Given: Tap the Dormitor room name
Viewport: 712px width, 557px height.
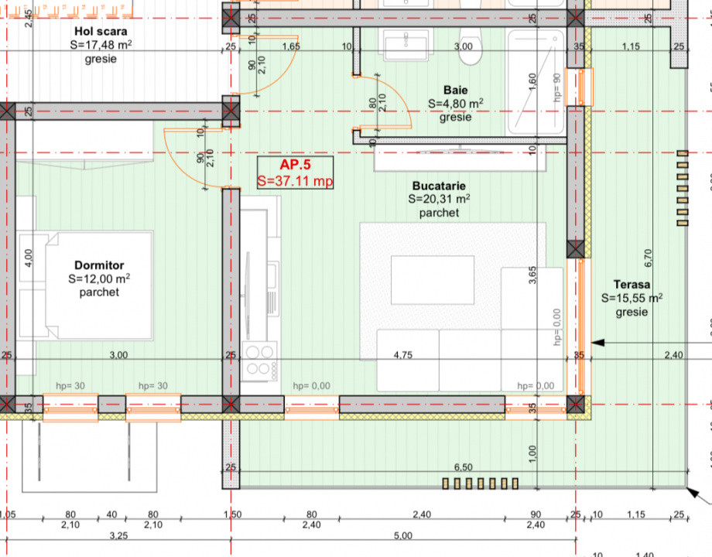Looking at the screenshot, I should (x=99, y=265).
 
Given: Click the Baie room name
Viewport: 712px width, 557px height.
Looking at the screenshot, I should (x=456, y=90).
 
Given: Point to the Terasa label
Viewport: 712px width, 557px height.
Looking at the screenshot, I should (x=632, y=284).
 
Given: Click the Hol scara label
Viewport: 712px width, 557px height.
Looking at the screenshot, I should (x=101, y=32).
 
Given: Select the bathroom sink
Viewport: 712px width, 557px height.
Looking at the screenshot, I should (x=406, y=45).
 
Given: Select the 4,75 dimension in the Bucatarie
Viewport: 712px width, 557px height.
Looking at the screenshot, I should (x=402, y=355).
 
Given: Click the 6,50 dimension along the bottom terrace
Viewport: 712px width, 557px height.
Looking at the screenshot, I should (x=462, y=467).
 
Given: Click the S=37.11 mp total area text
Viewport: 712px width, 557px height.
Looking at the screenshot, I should (x=295, y=182).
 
